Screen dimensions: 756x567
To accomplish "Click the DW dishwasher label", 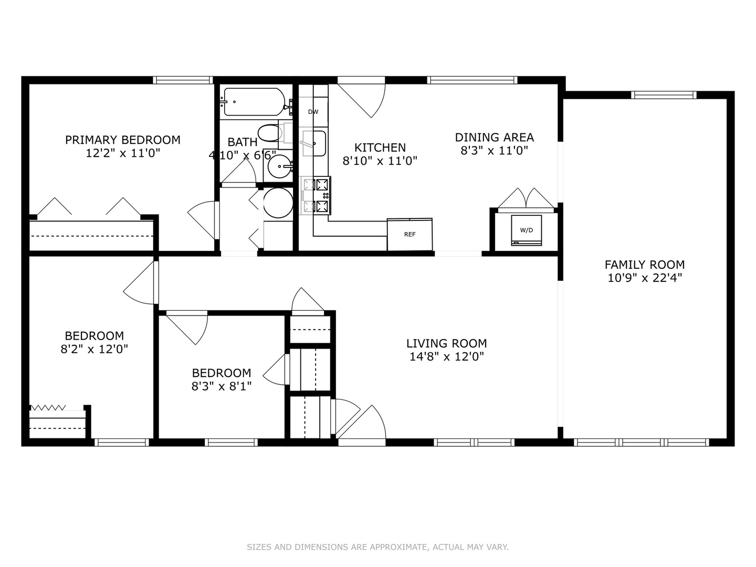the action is (313, 112).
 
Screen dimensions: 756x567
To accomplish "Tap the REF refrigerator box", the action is (409, 235).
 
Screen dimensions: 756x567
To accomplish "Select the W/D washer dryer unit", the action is (526, 230).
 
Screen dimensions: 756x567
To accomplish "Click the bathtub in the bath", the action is (255, 102).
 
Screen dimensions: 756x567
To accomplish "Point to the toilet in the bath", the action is (272, 133).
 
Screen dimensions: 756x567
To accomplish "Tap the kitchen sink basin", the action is (314, 143).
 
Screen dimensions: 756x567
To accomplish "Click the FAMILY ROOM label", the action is (645, 265).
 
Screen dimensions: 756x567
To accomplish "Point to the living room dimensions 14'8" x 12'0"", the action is (447, 356).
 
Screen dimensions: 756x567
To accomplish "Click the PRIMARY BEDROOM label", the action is (123, 140).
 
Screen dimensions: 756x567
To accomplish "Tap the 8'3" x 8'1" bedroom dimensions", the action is (222, 386).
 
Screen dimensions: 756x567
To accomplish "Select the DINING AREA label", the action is (494, 138).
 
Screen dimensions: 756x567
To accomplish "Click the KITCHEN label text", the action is (380, 148).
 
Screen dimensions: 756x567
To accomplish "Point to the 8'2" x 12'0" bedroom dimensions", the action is (94, 349).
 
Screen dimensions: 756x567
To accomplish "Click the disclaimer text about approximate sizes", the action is (378, 547).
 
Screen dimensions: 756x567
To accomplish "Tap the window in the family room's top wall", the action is (664, 95).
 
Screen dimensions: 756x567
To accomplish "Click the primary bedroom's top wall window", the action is (183, 80).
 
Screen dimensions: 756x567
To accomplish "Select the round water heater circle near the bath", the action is (278, 203).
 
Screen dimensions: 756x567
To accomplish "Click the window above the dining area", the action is (472, 80).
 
